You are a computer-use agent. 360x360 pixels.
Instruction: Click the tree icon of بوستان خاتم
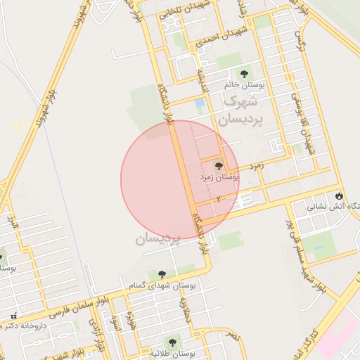tap(245, 73)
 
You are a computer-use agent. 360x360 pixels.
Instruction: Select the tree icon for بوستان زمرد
tap(218, 167)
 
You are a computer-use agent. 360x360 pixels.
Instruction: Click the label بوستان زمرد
tap(219, 179)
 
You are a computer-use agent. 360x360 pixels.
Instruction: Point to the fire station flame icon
tap(340, 195)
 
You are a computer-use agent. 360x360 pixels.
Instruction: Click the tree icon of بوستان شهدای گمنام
tap(162, 274)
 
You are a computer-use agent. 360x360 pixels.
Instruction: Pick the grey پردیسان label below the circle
tap(158, 239)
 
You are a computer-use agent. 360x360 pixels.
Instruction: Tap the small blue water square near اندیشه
tap(200, 103)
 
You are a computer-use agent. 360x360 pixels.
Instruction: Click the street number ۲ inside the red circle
tap(218, 200)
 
